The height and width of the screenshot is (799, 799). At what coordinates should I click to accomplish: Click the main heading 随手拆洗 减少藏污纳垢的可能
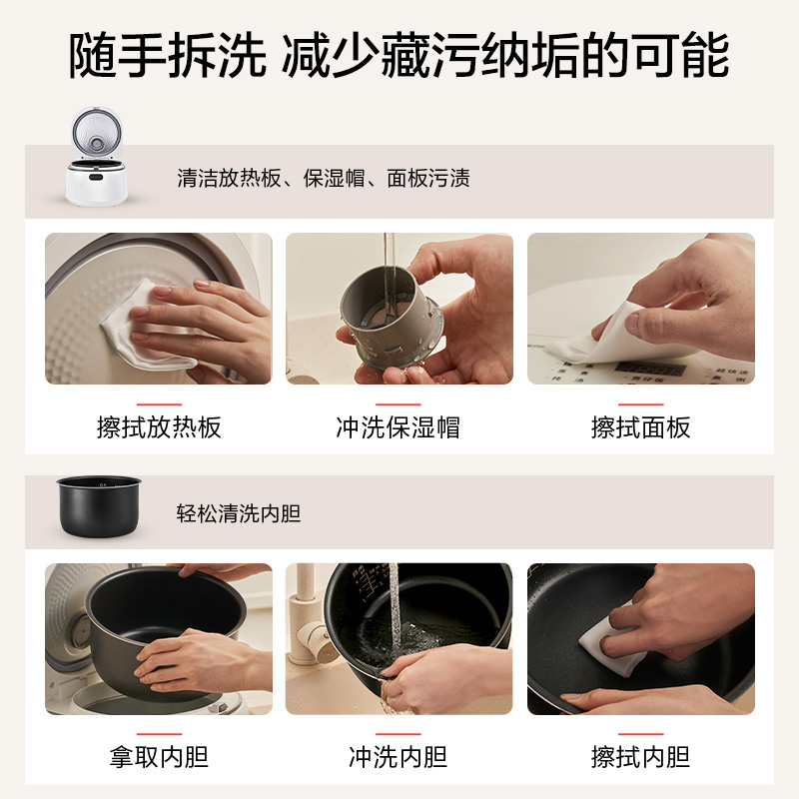(x=399, y=57)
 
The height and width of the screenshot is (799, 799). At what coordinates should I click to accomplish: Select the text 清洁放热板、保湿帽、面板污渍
(x=323, y=179)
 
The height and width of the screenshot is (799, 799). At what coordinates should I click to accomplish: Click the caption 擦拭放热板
(x=159, y=427)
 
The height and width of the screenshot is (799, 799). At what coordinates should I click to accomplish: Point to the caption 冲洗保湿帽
(x=399, y=427)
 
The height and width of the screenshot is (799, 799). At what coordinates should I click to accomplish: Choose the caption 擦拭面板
(x=640, y=427)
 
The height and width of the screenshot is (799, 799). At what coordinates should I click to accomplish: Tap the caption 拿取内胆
(x=159, y=756)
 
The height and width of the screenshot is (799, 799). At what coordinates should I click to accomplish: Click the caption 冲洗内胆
(x=399, y=756)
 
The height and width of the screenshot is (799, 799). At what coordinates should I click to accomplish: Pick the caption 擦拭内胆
(x=640, y=756)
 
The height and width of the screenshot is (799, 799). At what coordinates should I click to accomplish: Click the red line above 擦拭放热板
(x=159, y=404)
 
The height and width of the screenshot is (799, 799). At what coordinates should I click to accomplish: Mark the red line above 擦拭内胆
(x=640, y=733)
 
